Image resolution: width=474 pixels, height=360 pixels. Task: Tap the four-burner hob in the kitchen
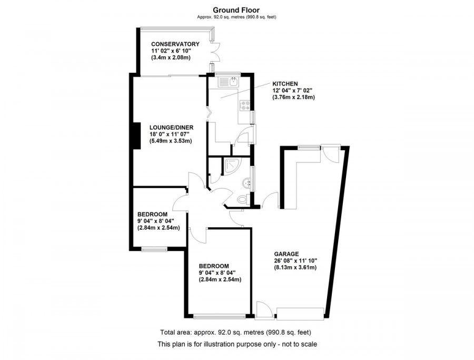click(245, 105)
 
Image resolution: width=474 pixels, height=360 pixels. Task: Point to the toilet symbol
click(242, 200)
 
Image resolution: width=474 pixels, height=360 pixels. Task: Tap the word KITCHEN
click(285, 84)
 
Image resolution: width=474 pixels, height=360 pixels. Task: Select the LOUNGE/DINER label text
click(172, 127)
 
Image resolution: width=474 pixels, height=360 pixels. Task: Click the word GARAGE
click(286, 253)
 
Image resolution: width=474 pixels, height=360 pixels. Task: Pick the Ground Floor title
click(236, 9)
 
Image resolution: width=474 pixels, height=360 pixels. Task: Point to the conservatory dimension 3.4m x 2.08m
click(172, 57)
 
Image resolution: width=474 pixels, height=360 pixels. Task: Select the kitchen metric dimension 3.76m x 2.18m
click(293, 97)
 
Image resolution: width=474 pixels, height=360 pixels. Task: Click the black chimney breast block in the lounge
click(136, 135)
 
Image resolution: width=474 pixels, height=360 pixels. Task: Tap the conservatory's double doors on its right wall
click(215, 53)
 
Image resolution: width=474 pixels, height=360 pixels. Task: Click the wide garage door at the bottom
click(300, 314)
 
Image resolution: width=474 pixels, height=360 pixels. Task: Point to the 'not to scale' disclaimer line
click(237, 344)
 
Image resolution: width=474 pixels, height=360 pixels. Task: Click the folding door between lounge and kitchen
click(208, 112)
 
